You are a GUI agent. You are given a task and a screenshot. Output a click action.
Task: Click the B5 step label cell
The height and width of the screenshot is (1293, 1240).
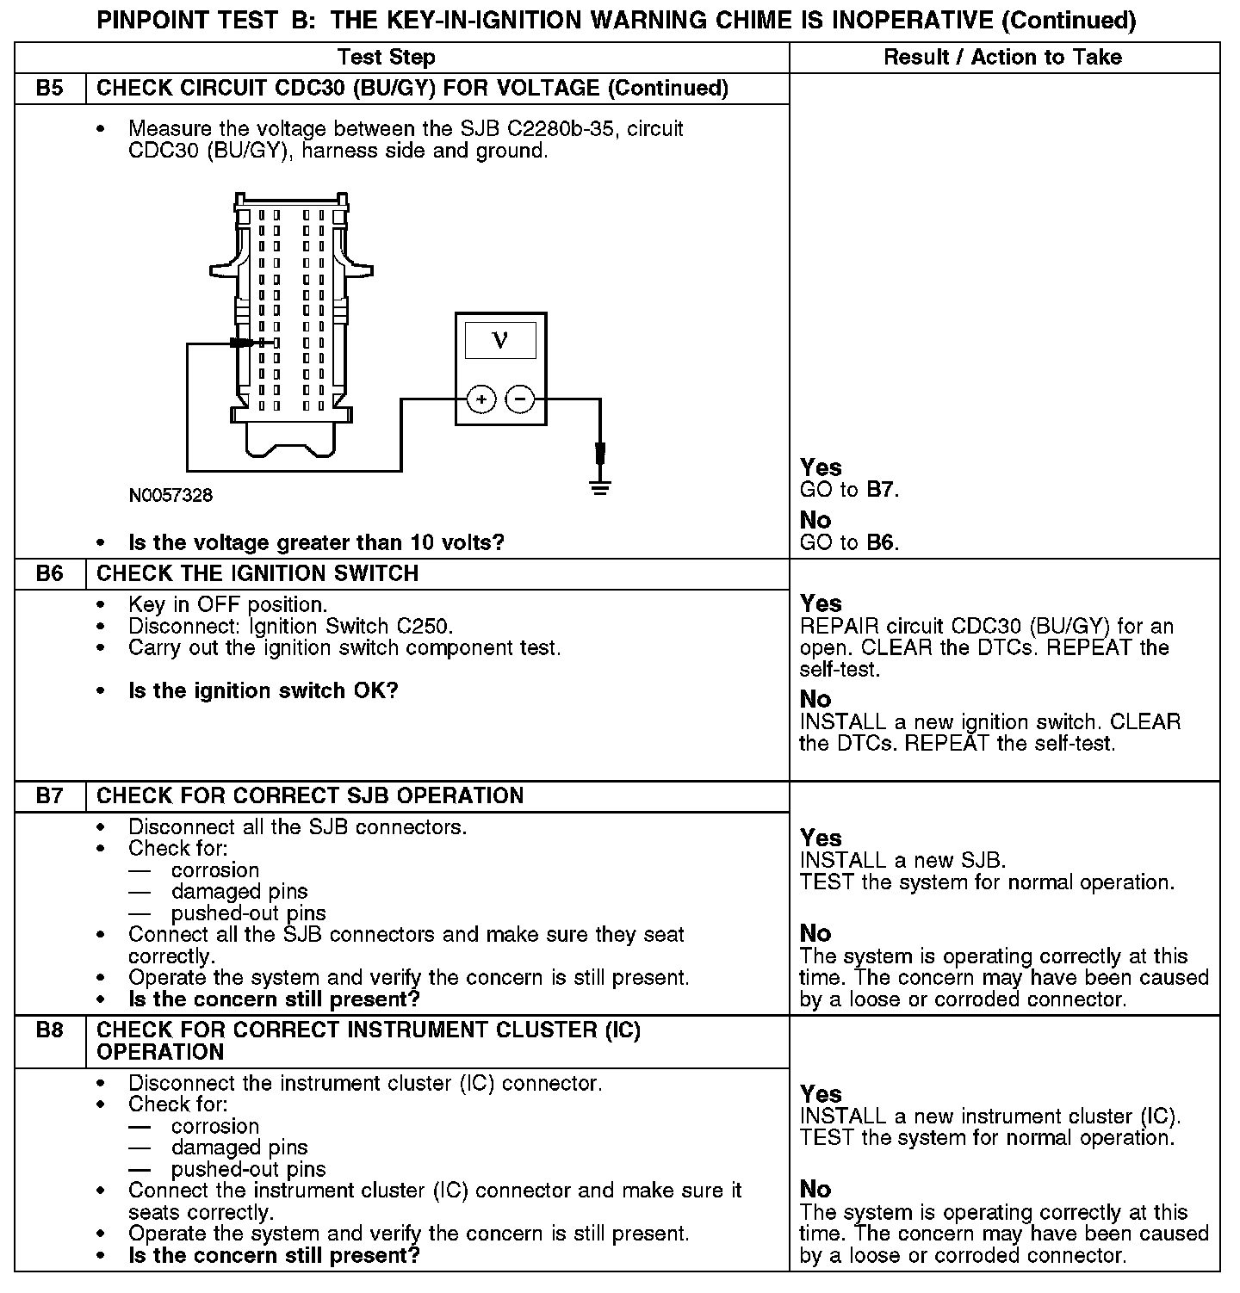point(50,89)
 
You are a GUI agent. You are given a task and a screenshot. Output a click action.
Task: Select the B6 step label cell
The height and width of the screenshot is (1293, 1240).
point(50,574)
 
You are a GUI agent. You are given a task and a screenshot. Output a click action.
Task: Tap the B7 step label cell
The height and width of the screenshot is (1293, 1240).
point(50,796)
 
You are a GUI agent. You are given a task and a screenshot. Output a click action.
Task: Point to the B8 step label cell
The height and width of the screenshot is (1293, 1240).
point(50,1030)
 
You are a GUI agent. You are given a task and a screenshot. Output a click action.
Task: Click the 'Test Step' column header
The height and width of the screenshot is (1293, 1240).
point(387,58)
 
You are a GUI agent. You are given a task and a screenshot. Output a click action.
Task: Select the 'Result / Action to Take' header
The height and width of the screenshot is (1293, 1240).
point(1003,58)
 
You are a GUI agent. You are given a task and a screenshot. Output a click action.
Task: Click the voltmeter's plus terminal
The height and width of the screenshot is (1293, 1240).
point(481,399)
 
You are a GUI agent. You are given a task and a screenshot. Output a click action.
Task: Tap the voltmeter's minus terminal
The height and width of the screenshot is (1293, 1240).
point(520,399)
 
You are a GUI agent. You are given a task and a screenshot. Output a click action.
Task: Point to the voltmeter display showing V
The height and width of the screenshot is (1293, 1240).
point(500,340)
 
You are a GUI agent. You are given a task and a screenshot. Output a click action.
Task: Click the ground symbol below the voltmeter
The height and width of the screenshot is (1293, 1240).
point(600,488)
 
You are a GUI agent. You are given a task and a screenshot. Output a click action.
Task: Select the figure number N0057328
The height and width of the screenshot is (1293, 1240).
point(170,496)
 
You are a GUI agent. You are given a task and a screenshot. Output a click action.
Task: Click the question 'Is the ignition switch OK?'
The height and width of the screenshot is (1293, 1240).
point(263,691)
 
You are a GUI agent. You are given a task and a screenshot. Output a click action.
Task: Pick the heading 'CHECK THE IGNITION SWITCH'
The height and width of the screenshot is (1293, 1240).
point(257,574)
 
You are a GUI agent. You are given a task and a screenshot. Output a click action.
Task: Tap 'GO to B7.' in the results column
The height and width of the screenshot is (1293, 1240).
point(849,491)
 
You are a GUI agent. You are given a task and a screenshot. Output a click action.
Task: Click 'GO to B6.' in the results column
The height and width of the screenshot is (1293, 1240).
point(849,543)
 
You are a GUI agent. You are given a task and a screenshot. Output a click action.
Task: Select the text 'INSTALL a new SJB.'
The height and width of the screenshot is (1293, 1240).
point(902,860)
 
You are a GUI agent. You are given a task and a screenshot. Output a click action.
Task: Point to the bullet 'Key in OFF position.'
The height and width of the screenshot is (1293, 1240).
point(227,605)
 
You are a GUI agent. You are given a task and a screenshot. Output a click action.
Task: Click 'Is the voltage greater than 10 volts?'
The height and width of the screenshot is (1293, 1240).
point(316,543)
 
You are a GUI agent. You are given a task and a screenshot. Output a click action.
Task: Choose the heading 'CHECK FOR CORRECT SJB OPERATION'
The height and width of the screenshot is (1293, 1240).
point(310,796)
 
